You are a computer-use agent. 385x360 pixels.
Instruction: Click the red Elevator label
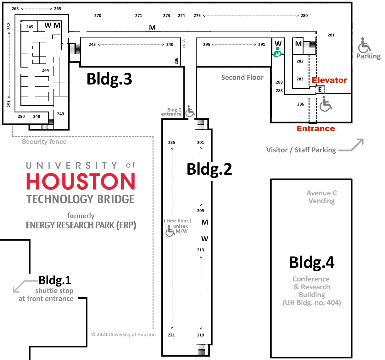click(x=329, y=80)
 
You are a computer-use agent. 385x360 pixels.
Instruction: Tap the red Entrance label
click(x=315, y=129)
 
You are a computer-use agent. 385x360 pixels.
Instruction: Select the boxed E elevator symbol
click(x=320, y=90)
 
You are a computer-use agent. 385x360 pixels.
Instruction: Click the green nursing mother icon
click(x=277, y=52)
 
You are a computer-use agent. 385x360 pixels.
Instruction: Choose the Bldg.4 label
click(x=311, y=263)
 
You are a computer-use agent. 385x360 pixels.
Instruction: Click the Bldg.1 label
click(x=55, y=280)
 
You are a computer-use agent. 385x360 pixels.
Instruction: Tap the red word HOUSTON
click(x=81, y=182)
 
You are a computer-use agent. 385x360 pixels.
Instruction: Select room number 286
click(x=300, y=104)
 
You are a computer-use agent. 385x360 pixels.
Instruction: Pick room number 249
click(x=60, y=114)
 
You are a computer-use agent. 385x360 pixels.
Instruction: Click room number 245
click(x=30, y=27)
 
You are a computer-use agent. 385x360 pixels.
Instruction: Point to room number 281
click(x=331, y=35)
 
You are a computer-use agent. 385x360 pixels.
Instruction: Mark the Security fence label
click(x=44, y=142)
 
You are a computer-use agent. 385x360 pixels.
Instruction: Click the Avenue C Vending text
click(x=321, y=197)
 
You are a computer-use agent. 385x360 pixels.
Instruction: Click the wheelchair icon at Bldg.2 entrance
click(x=190, y=111)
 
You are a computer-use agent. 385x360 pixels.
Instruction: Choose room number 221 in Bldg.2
click(x=171, y=335)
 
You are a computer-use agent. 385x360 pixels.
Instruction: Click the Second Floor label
click(x=242, y=78)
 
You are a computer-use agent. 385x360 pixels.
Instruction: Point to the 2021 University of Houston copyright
click(x=123, y=335)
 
